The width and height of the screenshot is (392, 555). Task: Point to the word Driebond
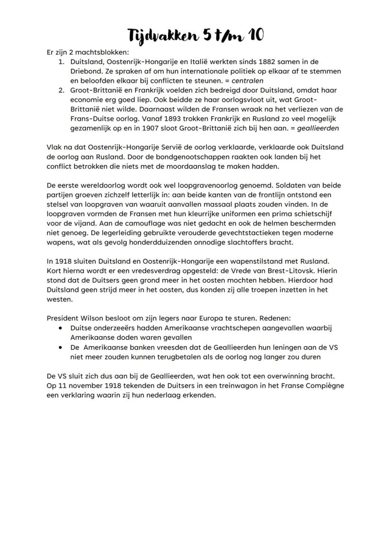point(85,72)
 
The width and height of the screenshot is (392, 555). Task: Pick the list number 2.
point(61,91)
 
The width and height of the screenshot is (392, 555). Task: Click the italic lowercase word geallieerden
point(317,128)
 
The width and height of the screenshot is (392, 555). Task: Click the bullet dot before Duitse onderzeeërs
point(60,328)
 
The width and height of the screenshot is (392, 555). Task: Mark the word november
point(87,385)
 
